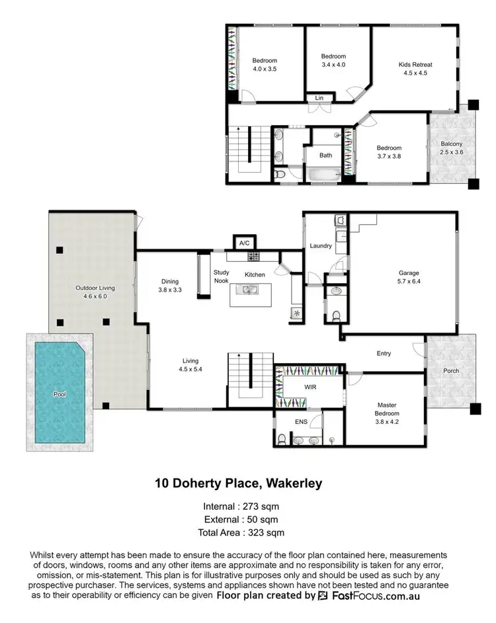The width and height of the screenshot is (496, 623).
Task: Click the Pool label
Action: click(x=60, y=394)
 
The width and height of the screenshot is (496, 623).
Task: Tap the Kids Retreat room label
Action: click(x=415, y=64)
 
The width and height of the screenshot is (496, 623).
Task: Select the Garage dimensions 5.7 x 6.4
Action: click(x=409, y=282)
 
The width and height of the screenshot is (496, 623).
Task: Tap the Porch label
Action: click(x=451, y=371)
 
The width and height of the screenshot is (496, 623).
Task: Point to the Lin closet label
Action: click(x=319, y=98)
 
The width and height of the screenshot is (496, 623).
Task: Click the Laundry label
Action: click(x=321, y=246)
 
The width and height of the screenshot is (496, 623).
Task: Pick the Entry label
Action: click(x=384, y=354)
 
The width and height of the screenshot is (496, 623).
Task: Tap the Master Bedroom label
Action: click(x=387, y=409)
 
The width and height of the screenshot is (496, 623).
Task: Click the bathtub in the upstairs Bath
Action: click(x=321, y=175)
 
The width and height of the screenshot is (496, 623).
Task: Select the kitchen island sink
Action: click(x=250, y=289)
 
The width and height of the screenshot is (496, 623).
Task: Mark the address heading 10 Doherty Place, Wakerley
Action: click(x=238, y=483)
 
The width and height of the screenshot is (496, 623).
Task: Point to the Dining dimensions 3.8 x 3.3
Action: click(x=169, y=290)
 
